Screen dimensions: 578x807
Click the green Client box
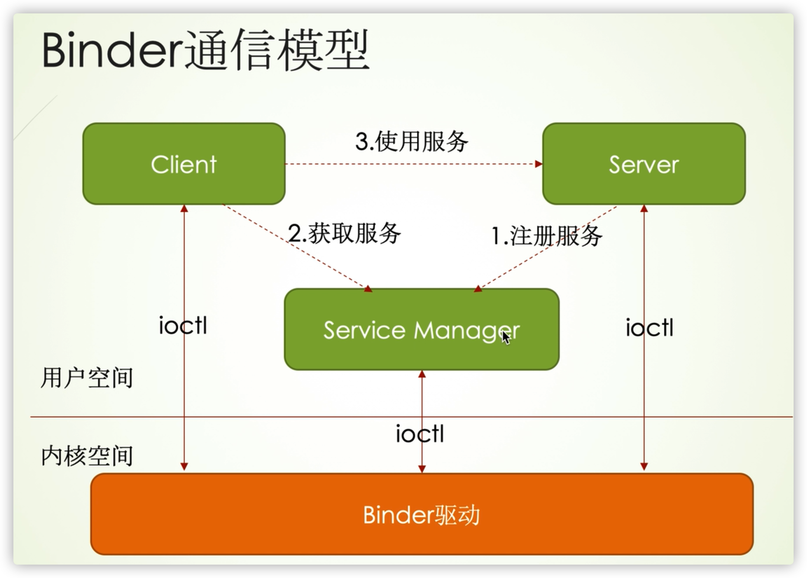click(x=184, y=164)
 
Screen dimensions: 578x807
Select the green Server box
click(x=644, y=164)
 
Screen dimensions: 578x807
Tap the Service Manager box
click(x=421, y=329)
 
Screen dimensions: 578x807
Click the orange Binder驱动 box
click(x=422, y=514)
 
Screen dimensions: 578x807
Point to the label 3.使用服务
click(x=412, y=141)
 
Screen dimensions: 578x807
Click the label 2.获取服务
click(x=345, y=234)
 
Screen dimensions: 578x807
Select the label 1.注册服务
click(x=546, y=236)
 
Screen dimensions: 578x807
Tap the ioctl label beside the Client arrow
click(x=183, y=326)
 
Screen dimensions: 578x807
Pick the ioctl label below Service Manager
click(x=420, y=434)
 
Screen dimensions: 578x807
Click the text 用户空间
click(x=87, y=378)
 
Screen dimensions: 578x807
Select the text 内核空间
click(x=87, y=456)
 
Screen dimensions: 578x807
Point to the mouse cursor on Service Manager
click(x=505, y=337)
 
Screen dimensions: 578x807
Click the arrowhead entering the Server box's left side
click(x=539, y=164)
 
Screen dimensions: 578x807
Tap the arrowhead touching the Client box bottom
click(x=184, y=209)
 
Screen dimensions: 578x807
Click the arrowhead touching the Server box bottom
click(x=644, y=209)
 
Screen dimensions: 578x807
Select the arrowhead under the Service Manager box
click(x=422, y=374)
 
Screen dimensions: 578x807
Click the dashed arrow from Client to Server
click(x=409, y=164)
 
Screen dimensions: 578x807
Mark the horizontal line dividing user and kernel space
click(x=298, y=417)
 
